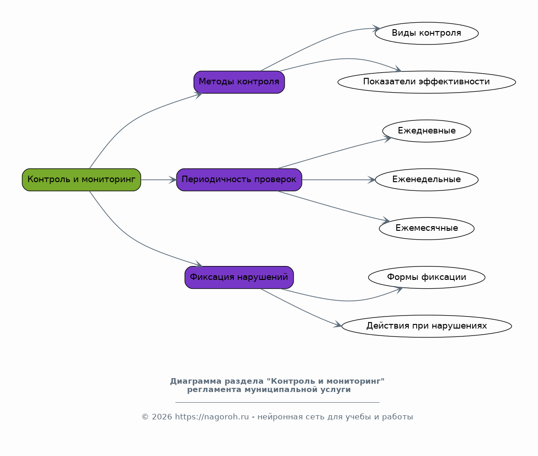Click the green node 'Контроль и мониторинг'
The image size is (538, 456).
pyautogui.click(x=81, y=180)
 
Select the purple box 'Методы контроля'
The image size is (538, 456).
pyautogui.click(x=239, y=82)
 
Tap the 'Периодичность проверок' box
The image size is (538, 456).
pyautogui.click(x=239, y=180)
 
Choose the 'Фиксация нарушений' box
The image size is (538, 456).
pyautogui.click(x=239, y=277)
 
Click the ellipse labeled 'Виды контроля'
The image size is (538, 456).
pyautogui.click(x=426, y=33)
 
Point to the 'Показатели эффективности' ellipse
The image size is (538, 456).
pyautogui.click(x=426, y=82)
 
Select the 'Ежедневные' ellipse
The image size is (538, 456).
pyautogui.click(x=426, y=131)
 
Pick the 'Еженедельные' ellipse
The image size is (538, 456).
pyautogui.click(x=426, y=180)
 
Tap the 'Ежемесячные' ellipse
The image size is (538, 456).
pyautogui.click(x=426, y=228)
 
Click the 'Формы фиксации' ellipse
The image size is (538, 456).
pyautogui.click(x=426, y=277)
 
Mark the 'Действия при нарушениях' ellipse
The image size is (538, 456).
pyautogui.click(x=426, y=326)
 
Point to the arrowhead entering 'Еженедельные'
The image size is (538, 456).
pyautogui.click(x=371, y=180)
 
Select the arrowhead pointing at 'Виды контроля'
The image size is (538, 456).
pyautogui.click(x=376, y=29)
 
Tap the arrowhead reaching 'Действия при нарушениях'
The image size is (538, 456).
pyautogui.click(x=338, y=324)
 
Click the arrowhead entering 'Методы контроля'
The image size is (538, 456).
pyautogui.click(x=199, y=95)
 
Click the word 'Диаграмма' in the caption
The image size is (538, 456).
pyautogui.click(x=196, y=381)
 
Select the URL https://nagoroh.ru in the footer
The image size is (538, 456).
pyautogui.click(x=212, y=417)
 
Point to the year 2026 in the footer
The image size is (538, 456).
pyautogui.click(x=162, y=417)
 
